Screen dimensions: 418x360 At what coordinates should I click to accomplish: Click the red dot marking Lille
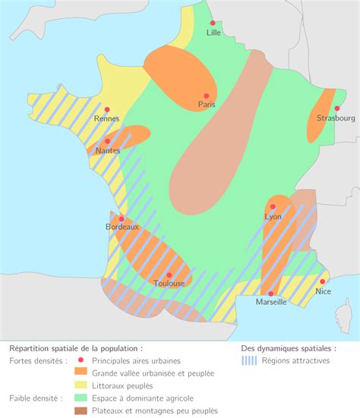213,24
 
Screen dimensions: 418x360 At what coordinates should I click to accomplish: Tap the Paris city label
207,105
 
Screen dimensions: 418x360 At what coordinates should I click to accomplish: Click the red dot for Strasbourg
336,108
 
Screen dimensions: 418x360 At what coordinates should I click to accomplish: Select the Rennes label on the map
106,119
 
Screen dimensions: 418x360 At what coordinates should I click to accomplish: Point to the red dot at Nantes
107,141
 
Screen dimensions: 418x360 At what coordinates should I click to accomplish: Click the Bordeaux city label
122,227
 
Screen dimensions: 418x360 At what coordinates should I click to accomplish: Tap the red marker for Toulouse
169,275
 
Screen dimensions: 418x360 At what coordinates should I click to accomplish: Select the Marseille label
271,302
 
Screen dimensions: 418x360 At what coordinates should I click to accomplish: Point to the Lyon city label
273,217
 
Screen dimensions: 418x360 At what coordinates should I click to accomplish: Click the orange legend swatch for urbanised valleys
80,373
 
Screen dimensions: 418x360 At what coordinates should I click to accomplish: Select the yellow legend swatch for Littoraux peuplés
80,385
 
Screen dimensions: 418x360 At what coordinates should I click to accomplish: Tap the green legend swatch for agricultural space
80,398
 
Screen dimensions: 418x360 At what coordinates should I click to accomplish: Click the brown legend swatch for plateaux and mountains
80,410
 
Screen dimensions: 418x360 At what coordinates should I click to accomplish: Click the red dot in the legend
80,361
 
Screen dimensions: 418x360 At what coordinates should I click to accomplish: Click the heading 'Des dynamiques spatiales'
288,348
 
